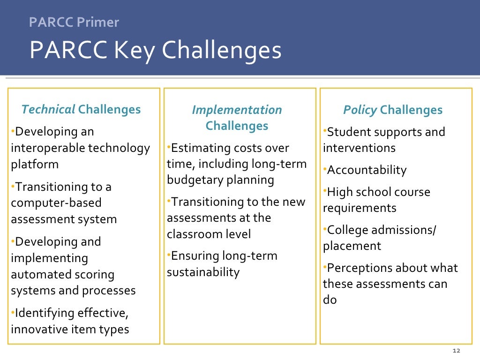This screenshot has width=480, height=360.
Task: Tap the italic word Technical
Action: (48, 110)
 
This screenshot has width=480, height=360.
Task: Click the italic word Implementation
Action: (237, 110)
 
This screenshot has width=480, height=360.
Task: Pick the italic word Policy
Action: (360, 110)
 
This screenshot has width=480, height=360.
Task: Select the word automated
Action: (38, 274)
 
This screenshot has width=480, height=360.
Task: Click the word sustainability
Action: (203, 272)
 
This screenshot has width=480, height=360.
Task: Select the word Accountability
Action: (367, 170)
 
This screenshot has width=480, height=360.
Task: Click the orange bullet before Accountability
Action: (324, 168)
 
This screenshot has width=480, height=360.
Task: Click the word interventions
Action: (359, 148)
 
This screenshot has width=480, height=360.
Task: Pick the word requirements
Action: (360, 208)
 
